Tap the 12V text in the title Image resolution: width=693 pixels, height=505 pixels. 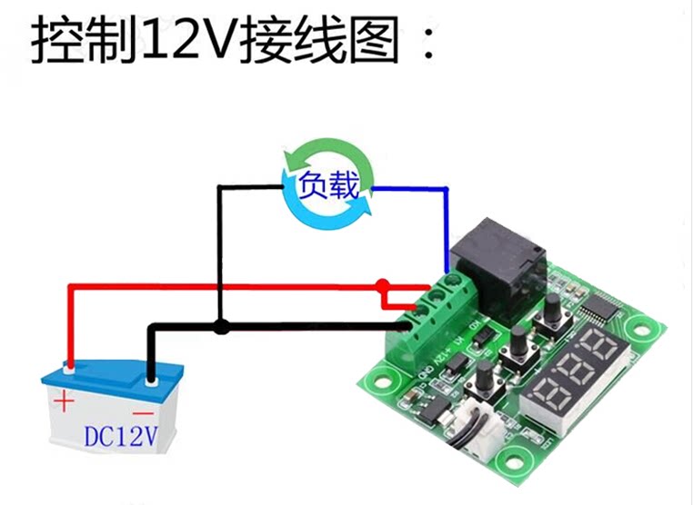click(191, 41)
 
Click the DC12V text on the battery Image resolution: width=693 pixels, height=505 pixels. click(121, 437)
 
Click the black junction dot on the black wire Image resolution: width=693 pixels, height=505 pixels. click(219, 327)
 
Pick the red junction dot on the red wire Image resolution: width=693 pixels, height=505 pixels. click(384, 285)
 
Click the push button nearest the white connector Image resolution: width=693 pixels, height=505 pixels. click(485, 375)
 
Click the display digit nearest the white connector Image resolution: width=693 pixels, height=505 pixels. click(543, 400)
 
